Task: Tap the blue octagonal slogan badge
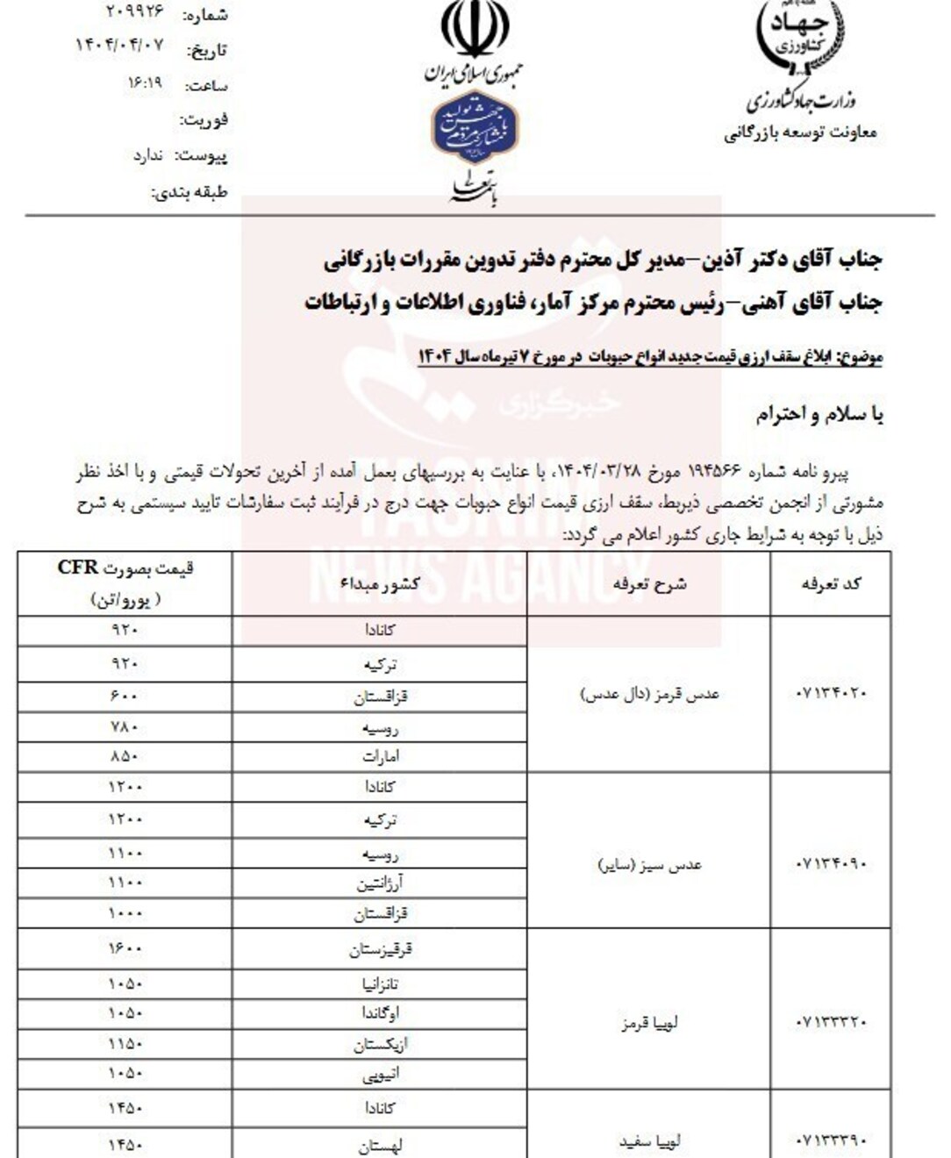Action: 475,127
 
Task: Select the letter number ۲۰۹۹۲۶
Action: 135,12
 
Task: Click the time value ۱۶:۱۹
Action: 146,82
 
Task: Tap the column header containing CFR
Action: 125,583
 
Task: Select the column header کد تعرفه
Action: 831,583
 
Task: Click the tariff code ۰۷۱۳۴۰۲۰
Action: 831,693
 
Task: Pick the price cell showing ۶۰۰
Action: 125,697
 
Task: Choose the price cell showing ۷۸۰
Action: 125,727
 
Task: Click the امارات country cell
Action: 380,756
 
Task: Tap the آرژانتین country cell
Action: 380,883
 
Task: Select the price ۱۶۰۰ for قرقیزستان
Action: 125,949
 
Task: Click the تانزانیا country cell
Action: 380,984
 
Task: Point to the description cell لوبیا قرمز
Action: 649,1023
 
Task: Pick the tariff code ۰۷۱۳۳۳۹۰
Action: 831,1141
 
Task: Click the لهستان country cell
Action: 380,1145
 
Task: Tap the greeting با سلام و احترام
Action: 819,414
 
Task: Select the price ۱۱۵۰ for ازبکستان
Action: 125,1044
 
